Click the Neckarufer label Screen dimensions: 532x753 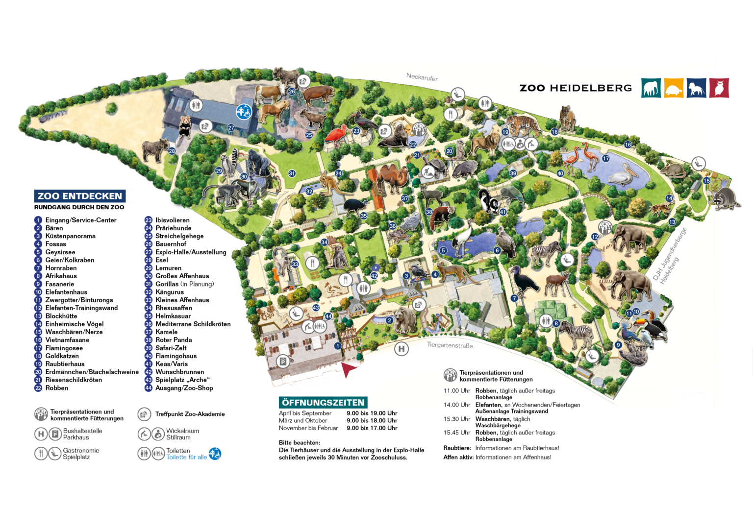coord(422,77)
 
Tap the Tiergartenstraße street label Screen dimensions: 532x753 coord(450,345)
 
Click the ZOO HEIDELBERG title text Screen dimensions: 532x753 coord(576,88)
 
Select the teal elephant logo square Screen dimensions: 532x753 coord(651,88)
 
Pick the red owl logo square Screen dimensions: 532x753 coord(719,88)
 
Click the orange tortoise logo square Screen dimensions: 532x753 coord(674,88)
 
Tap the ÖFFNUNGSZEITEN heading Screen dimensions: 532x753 coord(323,403)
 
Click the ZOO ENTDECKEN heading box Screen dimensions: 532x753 coord(80,196)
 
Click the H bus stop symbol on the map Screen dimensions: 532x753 coord(402,349)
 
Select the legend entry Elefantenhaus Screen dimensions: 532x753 coord(66,292)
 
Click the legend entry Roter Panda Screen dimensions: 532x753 coord(174,340)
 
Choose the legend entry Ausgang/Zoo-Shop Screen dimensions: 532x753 coord(184,388)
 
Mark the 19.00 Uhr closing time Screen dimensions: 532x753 coord(372,413)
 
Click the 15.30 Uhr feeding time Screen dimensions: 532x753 coord(456,419)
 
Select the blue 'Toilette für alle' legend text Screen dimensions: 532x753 coord(186,458)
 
